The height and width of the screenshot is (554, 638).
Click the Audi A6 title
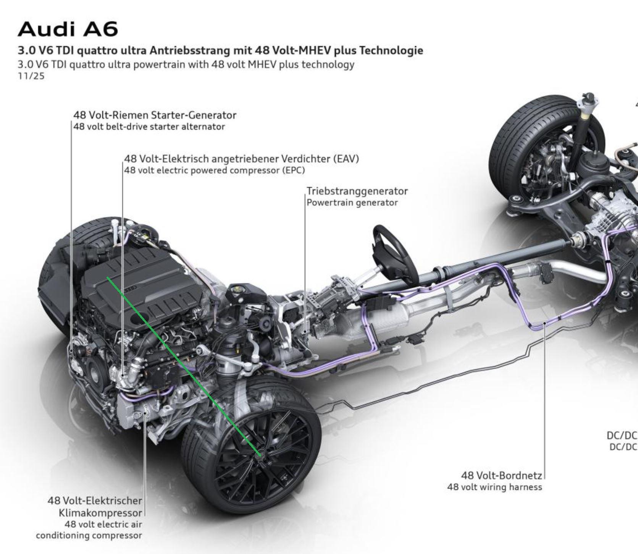[68, 29]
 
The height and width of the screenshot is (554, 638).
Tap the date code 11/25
[31, 76]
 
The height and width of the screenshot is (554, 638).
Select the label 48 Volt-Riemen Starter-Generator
[155, 115]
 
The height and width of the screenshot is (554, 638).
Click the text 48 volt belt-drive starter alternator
[149, 127]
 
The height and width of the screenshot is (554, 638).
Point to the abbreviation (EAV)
[346, 159]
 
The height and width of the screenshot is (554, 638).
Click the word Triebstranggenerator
[357, 191]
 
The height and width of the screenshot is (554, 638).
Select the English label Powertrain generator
[352, 203]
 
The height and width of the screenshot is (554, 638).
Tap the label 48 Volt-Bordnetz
[501, 476]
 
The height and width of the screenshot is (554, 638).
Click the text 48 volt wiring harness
[494, 487]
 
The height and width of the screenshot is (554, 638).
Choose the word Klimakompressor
[100, 513]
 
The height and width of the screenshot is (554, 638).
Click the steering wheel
[393, 253]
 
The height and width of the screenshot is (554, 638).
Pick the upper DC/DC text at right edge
[622, 436]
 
